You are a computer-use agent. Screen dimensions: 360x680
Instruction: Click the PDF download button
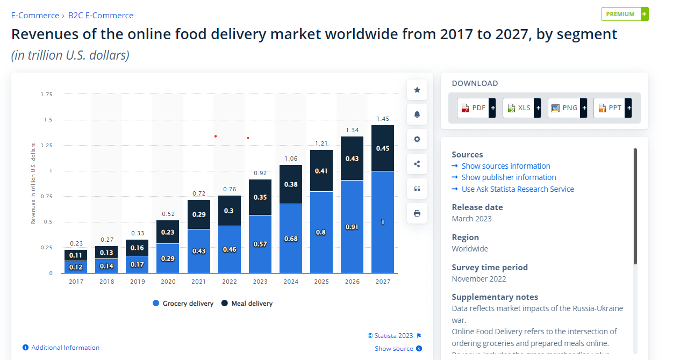[476, 108]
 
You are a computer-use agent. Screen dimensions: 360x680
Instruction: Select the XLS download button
[521, 108]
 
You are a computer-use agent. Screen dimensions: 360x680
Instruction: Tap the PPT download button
[612, 108]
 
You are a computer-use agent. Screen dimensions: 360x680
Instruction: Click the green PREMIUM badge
[624, 14]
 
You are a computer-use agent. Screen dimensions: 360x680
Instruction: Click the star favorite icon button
[417, 90]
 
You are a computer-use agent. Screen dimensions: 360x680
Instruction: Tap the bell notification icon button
[417, 114]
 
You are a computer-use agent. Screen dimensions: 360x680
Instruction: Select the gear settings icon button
[417, 139]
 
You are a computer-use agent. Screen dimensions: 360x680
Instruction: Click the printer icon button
[417, 213]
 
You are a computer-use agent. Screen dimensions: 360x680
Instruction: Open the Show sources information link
[505, 166]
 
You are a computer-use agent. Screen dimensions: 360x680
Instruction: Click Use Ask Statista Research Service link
[517, 189]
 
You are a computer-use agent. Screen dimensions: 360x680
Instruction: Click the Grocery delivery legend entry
[183, 304]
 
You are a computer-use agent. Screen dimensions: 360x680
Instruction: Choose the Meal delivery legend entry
[247, 304]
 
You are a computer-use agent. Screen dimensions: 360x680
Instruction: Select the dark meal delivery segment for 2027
[383, 148]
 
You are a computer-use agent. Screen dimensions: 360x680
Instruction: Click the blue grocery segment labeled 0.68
[290, 239]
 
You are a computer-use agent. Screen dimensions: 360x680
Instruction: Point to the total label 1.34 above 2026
[352, 130]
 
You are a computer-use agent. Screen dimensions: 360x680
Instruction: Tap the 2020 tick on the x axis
[168, 282]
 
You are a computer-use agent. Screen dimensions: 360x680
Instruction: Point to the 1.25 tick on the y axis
[47, 146]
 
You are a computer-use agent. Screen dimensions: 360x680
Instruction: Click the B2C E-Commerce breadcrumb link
[101, 16]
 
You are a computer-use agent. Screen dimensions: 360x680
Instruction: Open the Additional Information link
[65, 348]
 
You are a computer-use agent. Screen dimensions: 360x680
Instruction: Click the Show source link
[394, 349]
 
